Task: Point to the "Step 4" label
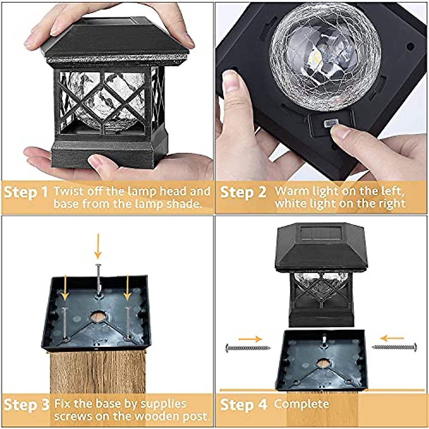tap(243, 405)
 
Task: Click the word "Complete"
tap(301, 404)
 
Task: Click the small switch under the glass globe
tap(330, 124)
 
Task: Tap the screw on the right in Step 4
tap(394, 347)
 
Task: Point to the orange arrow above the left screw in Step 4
tap(250, 339)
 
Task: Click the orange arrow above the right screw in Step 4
tap(392, 338)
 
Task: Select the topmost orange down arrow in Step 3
tap(98, 246)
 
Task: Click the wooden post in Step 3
tap(97, 372)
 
